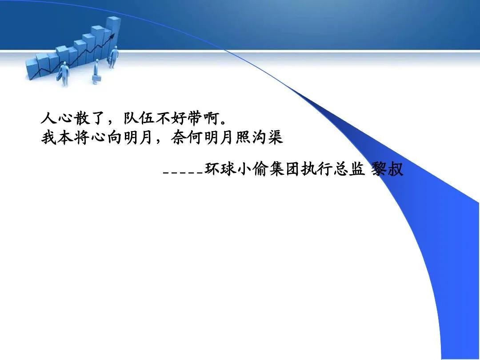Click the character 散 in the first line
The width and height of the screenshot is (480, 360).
tap(82, 118)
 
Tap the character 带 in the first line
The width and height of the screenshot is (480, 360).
tap(194, 118)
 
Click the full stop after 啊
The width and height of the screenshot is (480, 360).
tap(223, 122)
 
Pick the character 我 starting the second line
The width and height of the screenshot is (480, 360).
tap(49, 137)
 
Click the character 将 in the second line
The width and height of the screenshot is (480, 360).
tap(82, 137)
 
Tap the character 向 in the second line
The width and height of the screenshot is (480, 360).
tap(115, 137)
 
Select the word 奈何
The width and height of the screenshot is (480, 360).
tap(187, 137)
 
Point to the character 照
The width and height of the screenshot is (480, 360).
tap(243, 137)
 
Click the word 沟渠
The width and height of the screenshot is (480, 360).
tap(267, 137)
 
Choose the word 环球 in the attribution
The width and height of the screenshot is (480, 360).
tap(221, 169)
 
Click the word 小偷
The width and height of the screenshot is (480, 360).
tap(253, 169)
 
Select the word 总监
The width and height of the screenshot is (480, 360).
tap(349, 169)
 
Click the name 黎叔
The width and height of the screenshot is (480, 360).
tap(388, 169)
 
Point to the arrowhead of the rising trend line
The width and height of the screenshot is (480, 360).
tap(112, 36)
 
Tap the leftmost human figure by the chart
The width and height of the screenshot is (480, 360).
tap(64, 74)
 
